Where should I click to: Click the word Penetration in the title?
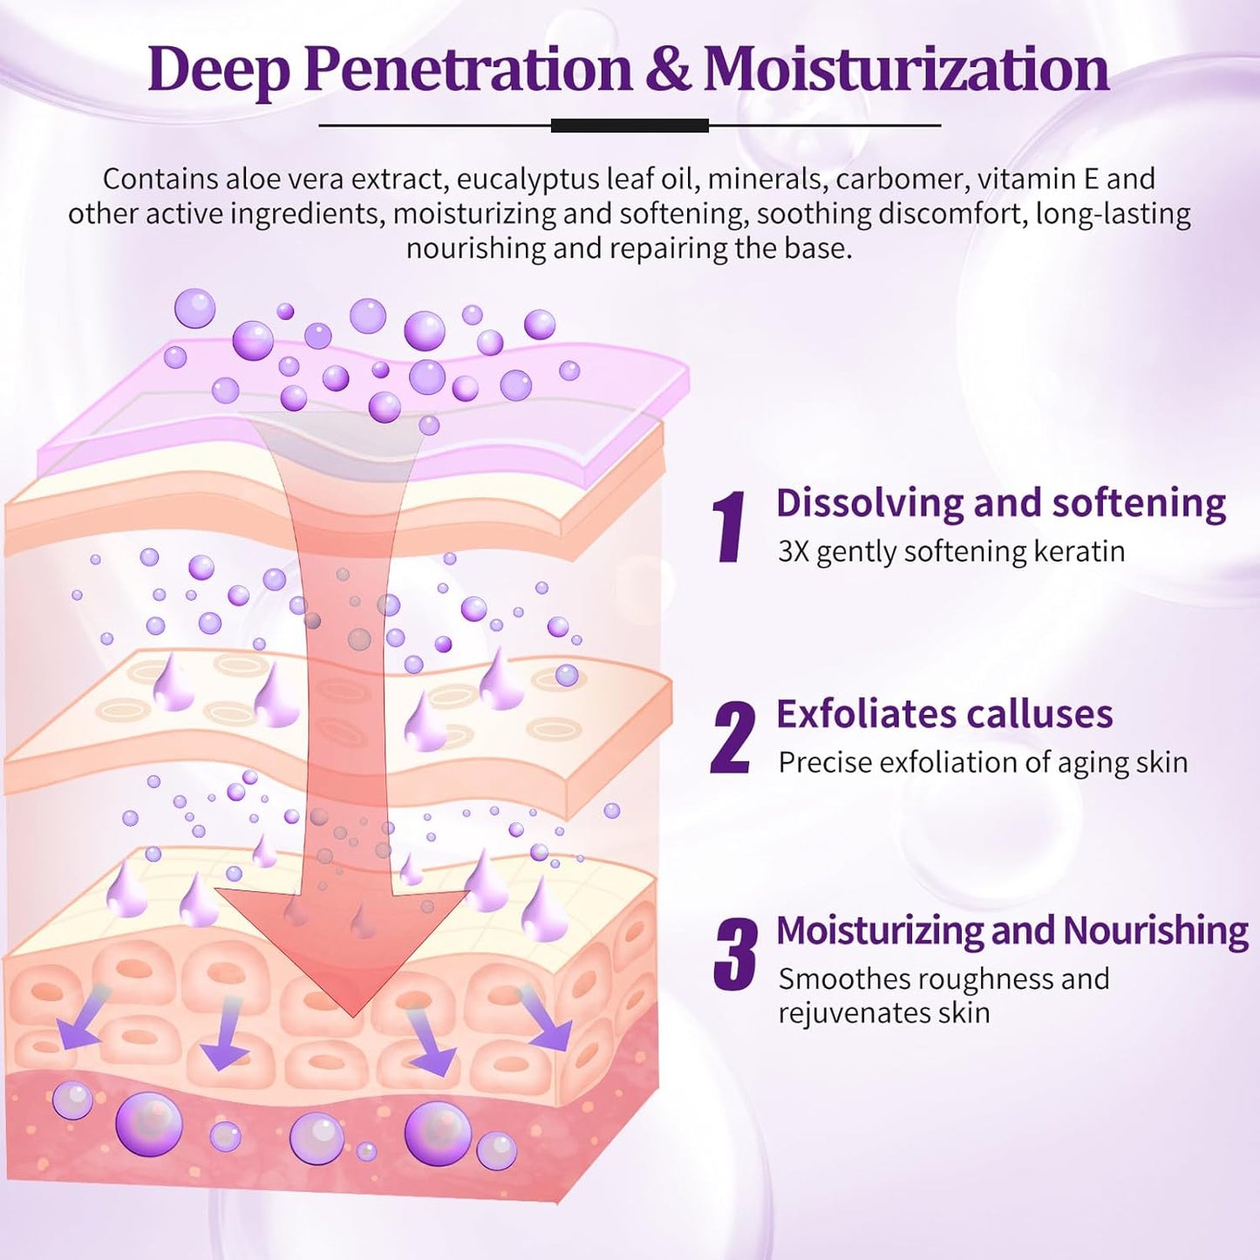click(x=467, y=70)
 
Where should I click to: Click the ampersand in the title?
click(x=668, y=70)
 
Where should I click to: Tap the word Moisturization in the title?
click(x=906, y=70)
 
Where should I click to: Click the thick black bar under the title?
click(x=630, y=126)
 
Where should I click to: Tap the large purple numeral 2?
click(x=732, y=738)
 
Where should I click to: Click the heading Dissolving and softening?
click(x=1000, y=503)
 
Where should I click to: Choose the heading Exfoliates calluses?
click(x=944, y=714)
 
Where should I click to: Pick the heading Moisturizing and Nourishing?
click(x=1011, y=930)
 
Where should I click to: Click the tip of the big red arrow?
click(x=352, y=1014)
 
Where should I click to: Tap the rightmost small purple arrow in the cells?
click(x=544, y=1022)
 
